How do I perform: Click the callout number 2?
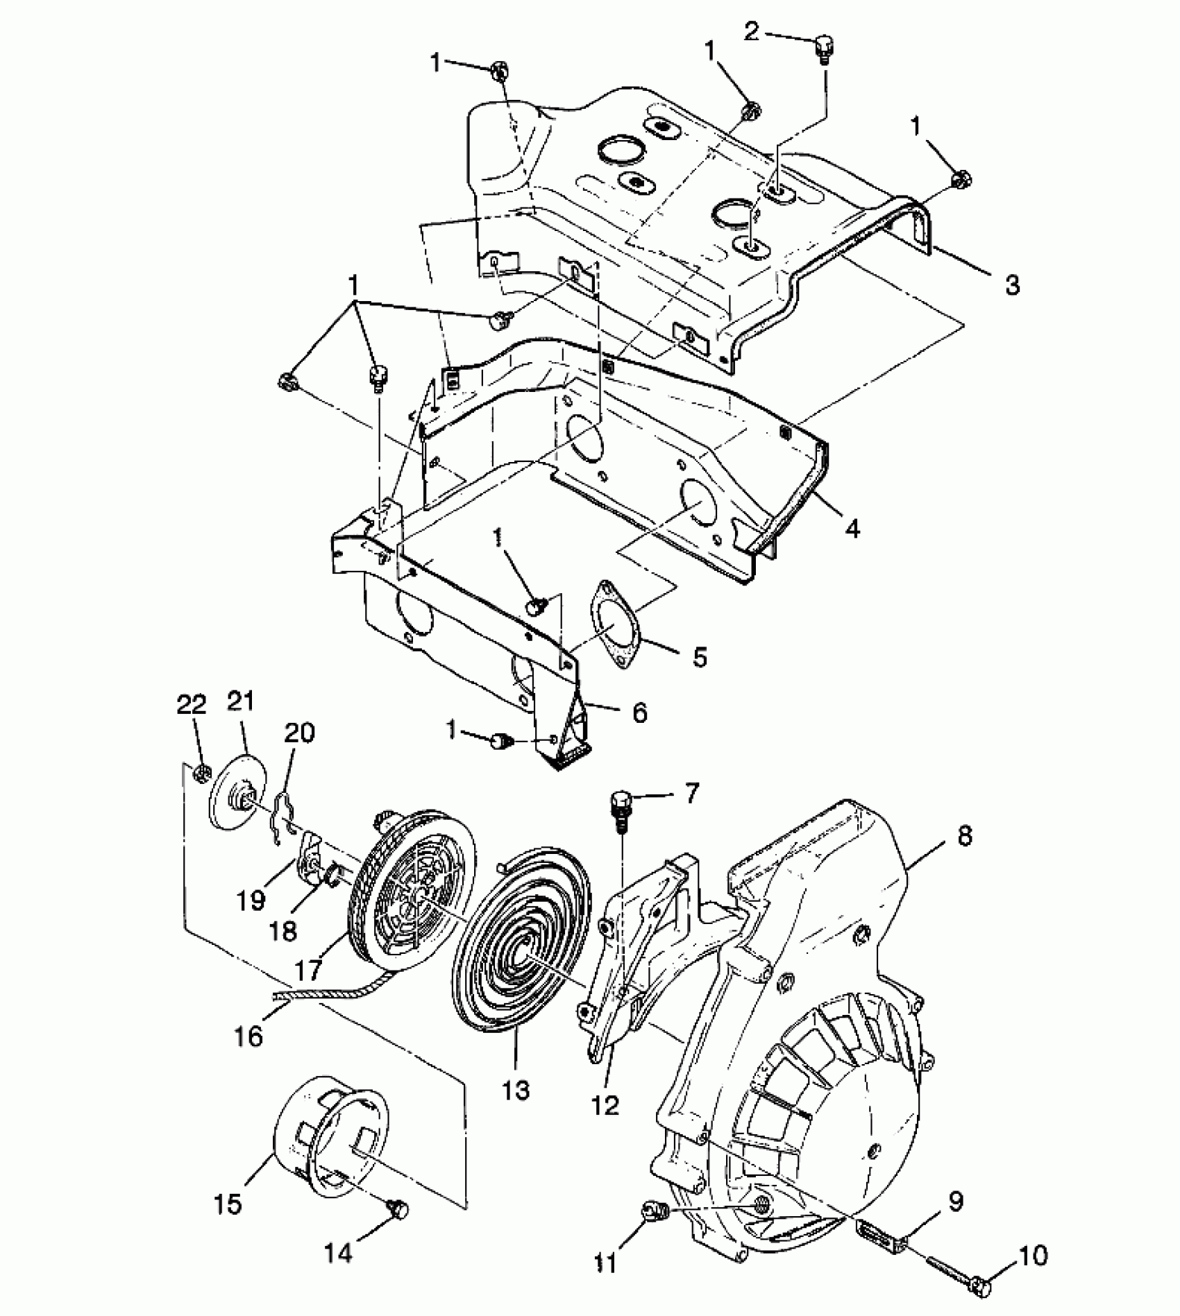[x=752, y=31]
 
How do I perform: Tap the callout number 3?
[x=1012, y=284]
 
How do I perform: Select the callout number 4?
[x=852, y=529]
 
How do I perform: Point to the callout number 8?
[x=964, y=836]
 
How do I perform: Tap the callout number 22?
[x=192, y=705]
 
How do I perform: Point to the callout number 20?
[x=299, y=733]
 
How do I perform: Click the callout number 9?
[x=956, y=1202]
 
